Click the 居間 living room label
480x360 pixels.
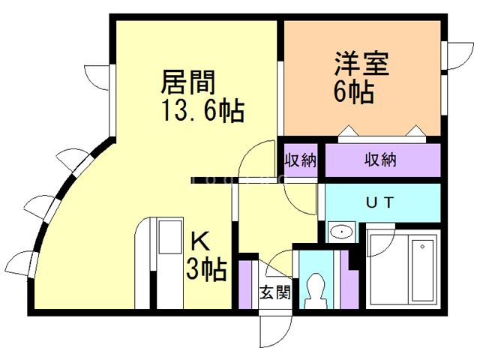point(188,82)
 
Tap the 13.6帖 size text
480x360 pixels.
point(203,110)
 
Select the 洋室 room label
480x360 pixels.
point(361,64)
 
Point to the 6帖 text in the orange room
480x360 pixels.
point(354,91)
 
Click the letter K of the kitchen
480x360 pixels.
point(200,241)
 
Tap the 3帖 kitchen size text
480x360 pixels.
point(207,269)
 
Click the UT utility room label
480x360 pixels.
point(379,202)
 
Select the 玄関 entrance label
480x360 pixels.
point(275,292)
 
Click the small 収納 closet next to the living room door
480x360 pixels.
point(301,160)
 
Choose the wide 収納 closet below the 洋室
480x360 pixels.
point(382,160)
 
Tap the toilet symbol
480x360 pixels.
point(315,291)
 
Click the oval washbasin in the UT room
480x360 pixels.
point(341,232)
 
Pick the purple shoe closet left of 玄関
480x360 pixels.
point(244,284)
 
